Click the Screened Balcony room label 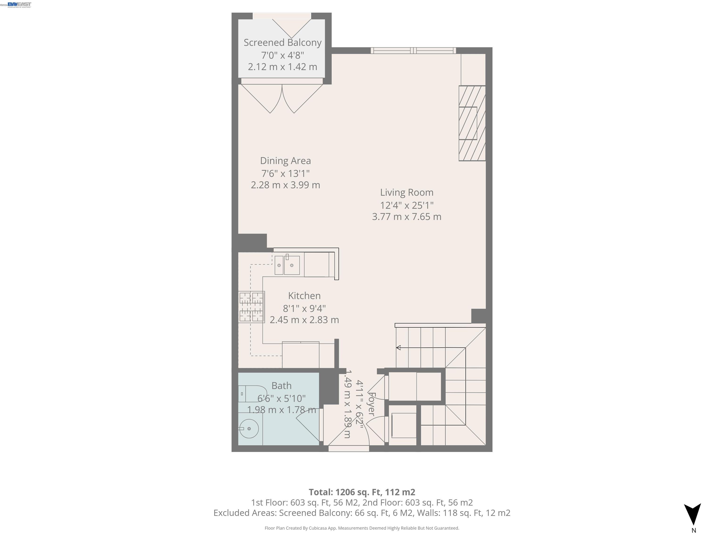[x=283, y=43]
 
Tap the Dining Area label [x=285, y=161]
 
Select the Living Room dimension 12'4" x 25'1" [x=407, y=205]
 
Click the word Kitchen [x=304, y=296]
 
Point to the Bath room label [x=281, y=386]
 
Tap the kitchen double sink [x=287, y=265]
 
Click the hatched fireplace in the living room [x=472, y=123]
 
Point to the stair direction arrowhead [x=398, y=348]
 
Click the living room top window [x=413, y=50]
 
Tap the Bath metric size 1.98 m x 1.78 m [x=281, y=410]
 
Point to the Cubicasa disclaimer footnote [x=362, y=528]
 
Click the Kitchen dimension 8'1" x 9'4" [x=304, y=308]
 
